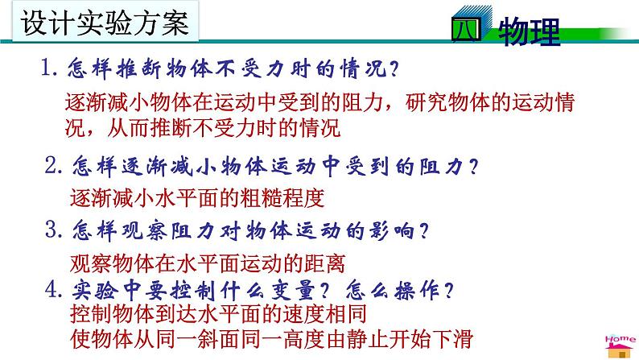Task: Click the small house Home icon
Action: click(x=620, y=343)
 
